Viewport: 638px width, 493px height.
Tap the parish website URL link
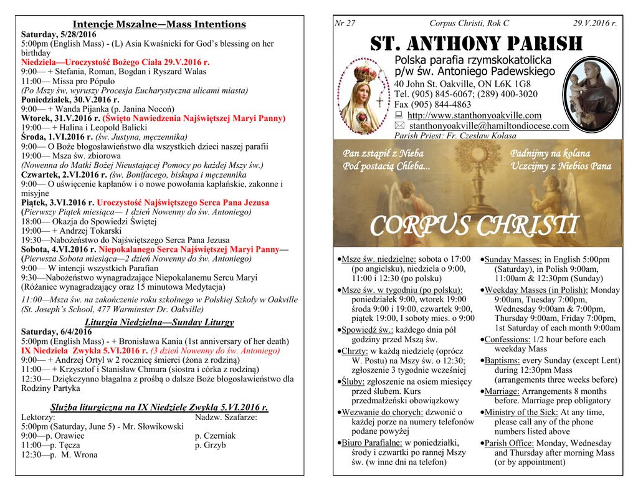click(x=474, y=115)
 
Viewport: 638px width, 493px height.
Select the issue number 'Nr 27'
click(x=345, y=23)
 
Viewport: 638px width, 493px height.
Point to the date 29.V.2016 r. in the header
click(x=594, y=23)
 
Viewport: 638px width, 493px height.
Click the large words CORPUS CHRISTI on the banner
click(x=475, y=225)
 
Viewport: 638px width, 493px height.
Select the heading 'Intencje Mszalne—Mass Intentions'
click(x=159, y=24)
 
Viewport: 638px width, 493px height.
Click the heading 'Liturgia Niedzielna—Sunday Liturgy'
click(x=159, y=322)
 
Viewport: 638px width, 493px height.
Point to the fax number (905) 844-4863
click(x=432, y=105)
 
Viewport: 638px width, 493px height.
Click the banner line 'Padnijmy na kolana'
click(x=550, y=153)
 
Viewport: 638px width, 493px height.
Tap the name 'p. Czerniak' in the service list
click(x=215, y=436)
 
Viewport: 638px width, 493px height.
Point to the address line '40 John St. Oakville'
click(x=462, y=84)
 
